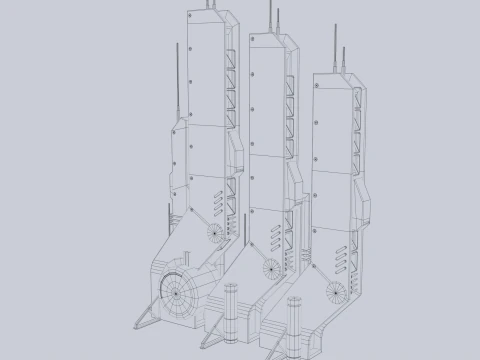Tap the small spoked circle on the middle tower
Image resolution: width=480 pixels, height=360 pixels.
click(x=270, y=267)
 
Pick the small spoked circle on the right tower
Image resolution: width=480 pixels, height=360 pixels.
click(x=335, y=292)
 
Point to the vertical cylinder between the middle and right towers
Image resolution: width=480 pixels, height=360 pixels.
click(x=294, y=317)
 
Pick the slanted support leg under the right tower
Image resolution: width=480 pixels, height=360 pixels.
click(x=271, y=346)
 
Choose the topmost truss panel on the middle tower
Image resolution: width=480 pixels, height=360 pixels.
click(x=290, y=74)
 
